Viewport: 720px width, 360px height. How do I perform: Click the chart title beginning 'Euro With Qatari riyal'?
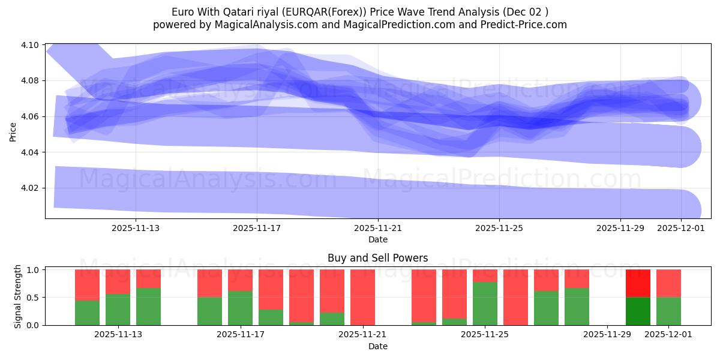pyautogui.click(x=360, y=11)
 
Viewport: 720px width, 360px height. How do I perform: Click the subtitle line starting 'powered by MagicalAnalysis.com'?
pyautogui.click(x=360, y=25)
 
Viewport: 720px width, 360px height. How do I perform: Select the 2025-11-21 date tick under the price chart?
pyautogui.click(x=378, y=228)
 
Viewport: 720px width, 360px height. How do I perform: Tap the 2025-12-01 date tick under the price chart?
pyautogui.click(x=681, y=228)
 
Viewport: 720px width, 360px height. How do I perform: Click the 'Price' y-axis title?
pyautogui.click(x=13, y=131)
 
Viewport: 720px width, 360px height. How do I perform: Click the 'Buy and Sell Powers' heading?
pyautogui.click(x=378, y=259)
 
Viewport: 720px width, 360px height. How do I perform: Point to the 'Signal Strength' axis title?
pyautogui.click(x=18, y=296)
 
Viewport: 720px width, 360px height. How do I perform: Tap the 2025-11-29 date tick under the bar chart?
pyautogui.click(x=608, y=335)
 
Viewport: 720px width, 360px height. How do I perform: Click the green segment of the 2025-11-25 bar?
pyautogui.click(x=485, y=303)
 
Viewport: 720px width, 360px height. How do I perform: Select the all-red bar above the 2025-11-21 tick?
pyautogui.click(x=362, y=297)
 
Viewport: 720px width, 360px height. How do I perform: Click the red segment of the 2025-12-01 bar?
pyautogui.click(x=668, y=283)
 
